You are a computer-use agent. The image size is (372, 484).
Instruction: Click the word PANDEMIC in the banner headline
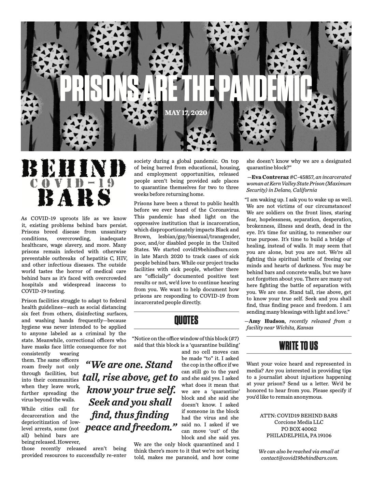[x=265, y=88]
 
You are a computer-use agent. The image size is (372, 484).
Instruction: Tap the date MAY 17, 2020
[x=186, y=113]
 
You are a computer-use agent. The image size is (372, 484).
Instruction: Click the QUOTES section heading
[x=186, y=320]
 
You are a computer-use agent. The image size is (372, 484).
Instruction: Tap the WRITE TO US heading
[x=298, y=345]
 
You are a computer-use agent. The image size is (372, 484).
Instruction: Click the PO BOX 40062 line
[x=299, y=429]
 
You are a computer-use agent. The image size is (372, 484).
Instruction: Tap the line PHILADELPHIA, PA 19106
[x=299, y=436]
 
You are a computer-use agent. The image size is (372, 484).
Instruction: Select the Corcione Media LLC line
[x=299, y=422]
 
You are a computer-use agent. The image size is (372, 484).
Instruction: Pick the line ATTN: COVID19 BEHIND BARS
[x=299, y=415]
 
